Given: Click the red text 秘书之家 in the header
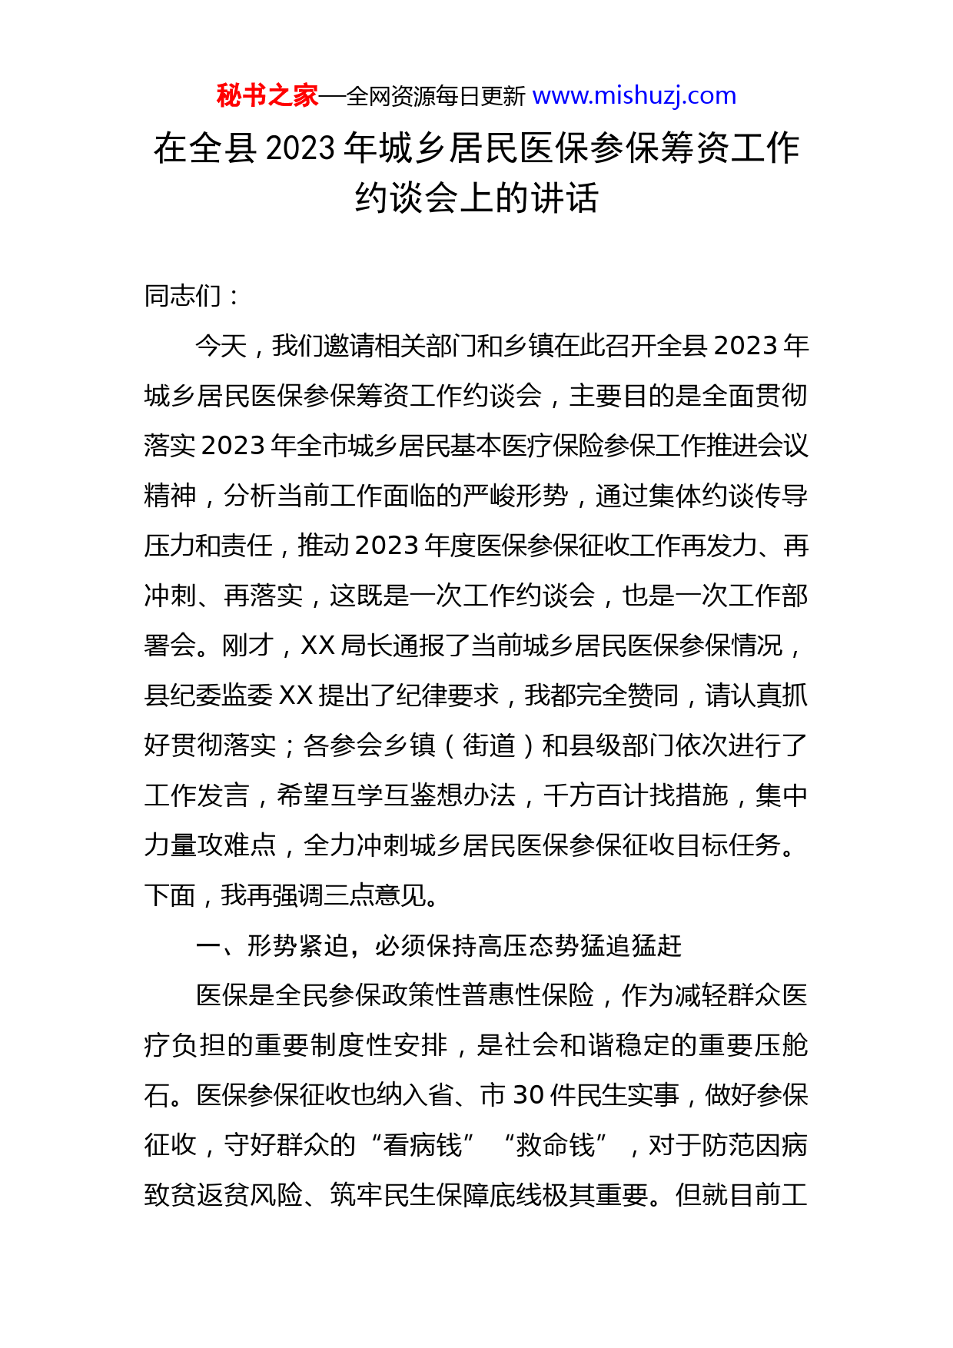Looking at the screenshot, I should pyautogui.click(x=267, y=96).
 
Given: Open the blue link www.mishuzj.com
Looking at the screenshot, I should pyautogui.click(x=634, y=96).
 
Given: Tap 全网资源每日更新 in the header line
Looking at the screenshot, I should pyautogui.click(x=436, y=97).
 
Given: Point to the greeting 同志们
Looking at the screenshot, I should pyautogui.click(x=182, y=296).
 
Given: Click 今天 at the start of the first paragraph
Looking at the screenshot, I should pyautogui.click(x=221, y=346).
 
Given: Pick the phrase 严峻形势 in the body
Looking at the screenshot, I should pyautogui.click(x=516, y=496).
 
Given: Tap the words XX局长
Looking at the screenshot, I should pyautogui.click(x=345, y=646).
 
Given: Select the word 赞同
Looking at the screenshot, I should pyautogui.click(x=652, y=696).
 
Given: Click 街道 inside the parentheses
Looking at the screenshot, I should pyautogui.click(x=489, y=745).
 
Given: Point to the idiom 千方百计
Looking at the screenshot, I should pyautogui.click(x=596, y=795).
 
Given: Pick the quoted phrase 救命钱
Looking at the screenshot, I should pyautogui.click(x=556, y=1145).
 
